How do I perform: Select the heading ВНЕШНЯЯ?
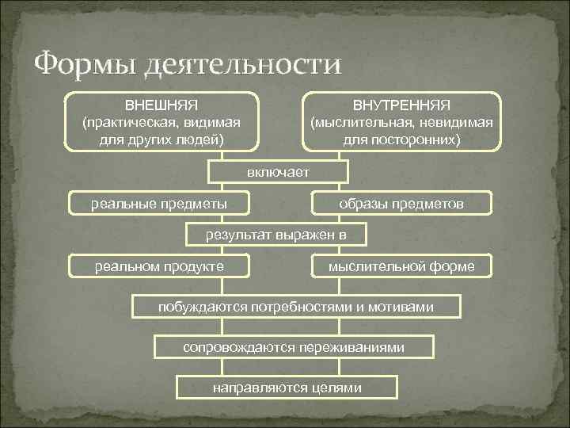(x=161, y=105)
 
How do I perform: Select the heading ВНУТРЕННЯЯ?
(x=401, y=105)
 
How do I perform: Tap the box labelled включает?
(x=277, y=172)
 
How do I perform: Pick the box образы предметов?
(x=401, y=204)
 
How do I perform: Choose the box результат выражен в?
(x=276, y=235)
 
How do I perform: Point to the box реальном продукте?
(x=159, y=266)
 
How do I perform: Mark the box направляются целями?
(x=287, y=388)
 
